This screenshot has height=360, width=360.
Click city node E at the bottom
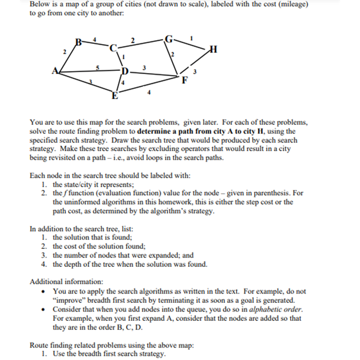115,96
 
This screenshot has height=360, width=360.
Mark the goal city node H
214,49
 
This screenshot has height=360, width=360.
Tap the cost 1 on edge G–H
192,38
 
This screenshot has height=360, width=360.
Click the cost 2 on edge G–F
173,54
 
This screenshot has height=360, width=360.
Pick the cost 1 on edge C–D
123,58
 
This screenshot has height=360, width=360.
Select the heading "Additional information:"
66,282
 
